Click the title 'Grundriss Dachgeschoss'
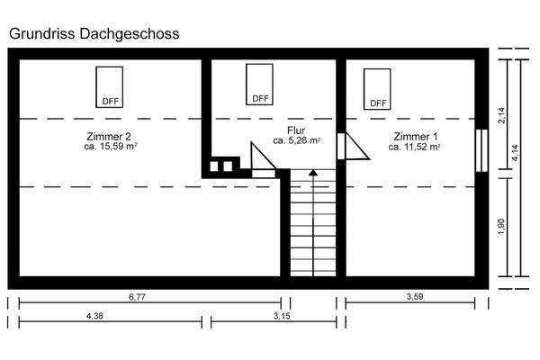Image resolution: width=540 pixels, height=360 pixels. click(x=94, y=33)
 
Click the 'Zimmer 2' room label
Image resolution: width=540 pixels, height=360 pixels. click(x=110, y=135)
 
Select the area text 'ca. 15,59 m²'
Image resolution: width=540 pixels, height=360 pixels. click(x=110, y=146)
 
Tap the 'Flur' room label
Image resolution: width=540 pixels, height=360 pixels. click(x=297, y=130)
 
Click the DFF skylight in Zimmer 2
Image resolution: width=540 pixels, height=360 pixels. click(x=110, y=86)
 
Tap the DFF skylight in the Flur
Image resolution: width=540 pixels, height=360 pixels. click(x=259, y=83)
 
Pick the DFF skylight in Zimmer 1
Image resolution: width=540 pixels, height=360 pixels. click(x=377, y=88)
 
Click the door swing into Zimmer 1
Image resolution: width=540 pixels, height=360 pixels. click(x=354, y=146)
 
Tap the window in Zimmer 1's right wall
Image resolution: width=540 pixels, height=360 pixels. click(x=481, y=149)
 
